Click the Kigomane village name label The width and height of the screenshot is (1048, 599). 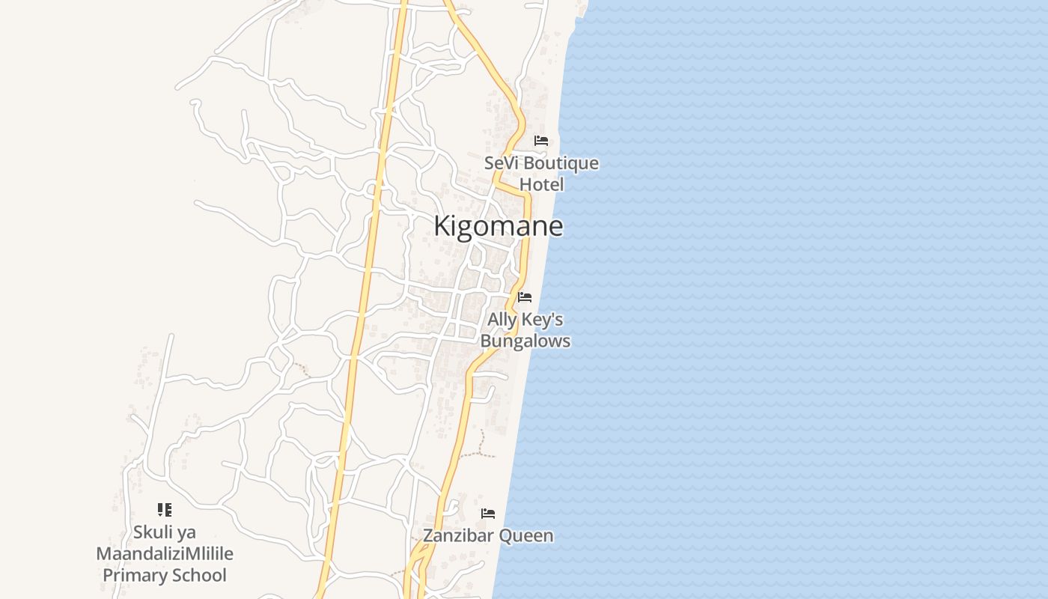click(498, 226)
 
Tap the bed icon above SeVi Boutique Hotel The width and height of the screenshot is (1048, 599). click(541, 141)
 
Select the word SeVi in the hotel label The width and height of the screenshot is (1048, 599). click(501, 163)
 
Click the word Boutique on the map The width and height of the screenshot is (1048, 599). click(561, 163)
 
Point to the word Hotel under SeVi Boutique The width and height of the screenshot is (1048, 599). click(541, 184)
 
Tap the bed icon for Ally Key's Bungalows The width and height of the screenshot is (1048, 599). click(525, 297)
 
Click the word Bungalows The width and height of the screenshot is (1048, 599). click(525, 341)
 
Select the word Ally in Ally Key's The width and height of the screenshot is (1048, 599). click(502, 320)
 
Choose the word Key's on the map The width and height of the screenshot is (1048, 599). click(542, 320)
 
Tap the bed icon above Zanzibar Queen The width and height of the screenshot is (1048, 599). click(488, 514)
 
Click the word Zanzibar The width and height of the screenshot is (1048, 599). click(458, 536)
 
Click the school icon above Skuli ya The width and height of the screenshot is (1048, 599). click(165, 510)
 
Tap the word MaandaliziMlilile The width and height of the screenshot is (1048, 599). click(165, 554)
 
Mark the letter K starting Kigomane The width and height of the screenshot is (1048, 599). click(442, 226)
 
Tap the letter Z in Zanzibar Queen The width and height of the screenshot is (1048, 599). click(428, 536)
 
